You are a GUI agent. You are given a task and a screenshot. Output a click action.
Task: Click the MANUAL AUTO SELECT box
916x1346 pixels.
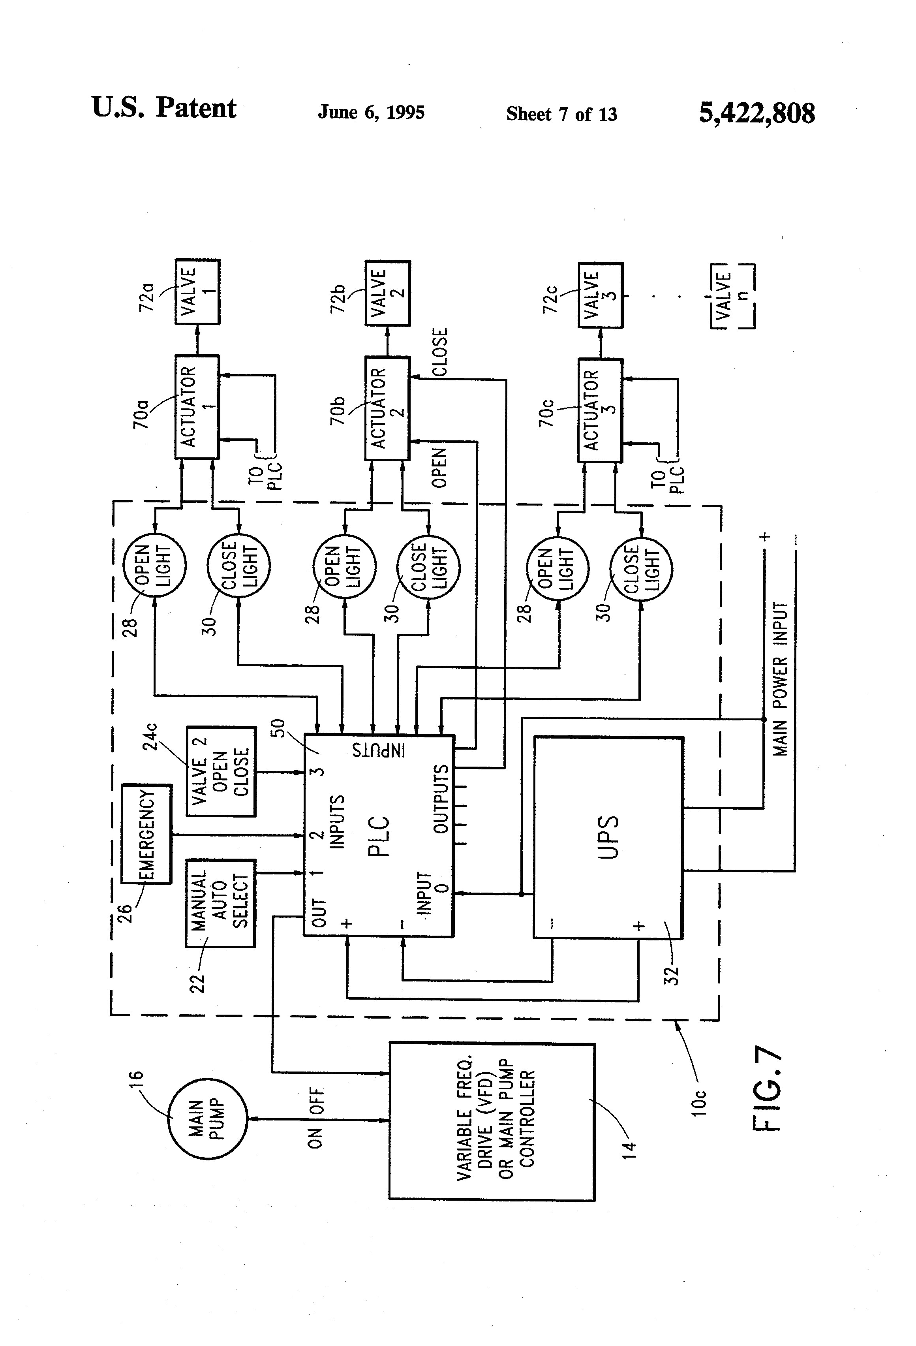pyautogui.click(x=220, y=903)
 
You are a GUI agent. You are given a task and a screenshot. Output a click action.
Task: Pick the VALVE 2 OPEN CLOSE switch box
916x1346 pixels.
pyautogui.click(x=221, y=771)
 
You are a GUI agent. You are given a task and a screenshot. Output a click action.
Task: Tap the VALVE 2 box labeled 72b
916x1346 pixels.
pyautogui.click(x=387, y=293)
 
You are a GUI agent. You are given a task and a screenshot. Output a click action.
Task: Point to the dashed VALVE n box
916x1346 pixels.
pyautogui.click(x=732, y=296)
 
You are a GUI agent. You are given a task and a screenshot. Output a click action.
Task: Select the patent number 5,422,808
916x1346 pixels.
pyautogui.click(x=757, y=113)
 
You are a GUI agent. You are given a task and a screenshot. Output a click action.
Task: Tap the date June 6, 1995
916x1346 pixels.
pyautogui.click(x=371, y=112)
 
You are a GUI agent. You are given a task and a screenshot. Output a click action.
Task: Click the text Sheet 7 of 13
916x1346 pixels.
pyautogui.click(x=562, y=114)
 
